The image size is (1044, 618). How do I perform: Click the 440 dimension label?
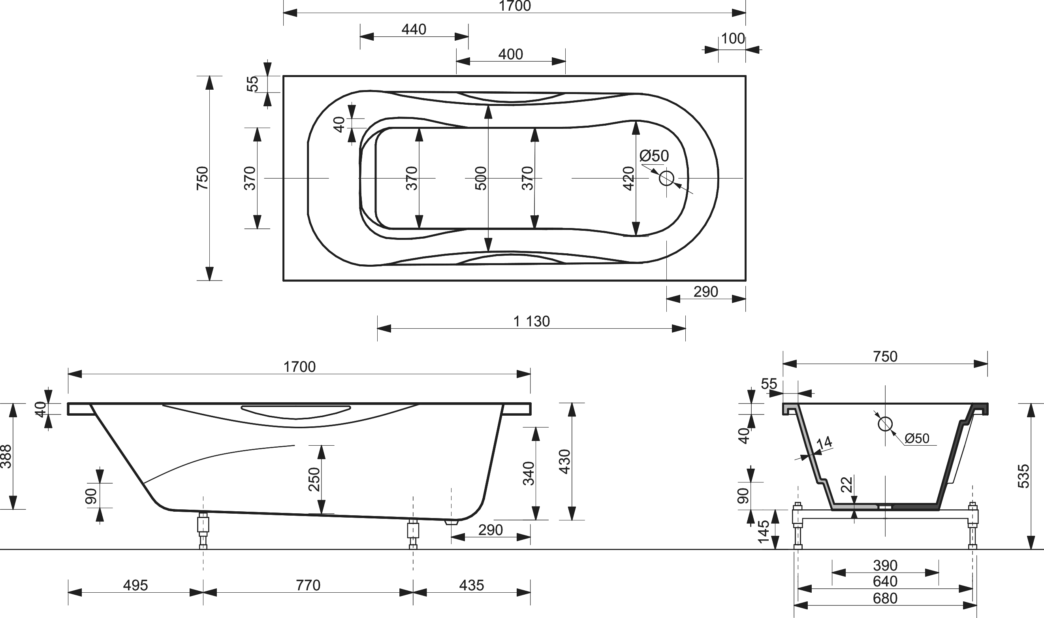[414, 30]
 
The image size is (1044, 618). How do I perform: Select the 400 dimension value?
[510, 55]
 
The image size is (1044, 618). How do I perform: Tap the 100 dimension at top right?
[733, 39]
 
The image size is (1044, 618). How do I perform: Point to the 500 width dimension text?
[480, 178]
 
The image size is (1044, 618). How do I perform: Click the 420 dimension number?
[628, 178]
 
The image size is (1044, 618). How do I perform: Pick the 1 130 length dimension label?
[532, 322]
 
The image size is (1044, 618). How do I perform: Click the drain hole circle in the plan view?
[666, 178]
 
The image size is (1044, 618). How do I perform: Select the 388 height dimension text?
[6, 456]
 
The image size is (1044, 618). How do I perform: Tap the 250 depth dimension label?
[314, 479]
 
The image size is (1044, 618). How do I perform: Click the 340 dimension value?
[529, 473]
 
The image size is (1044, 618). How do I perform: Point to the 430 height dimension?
[564, 462]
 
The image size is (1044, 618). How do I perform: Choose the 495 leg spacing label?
[135, 586]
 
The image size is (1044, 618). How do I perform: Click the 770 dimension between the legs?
[308, 586]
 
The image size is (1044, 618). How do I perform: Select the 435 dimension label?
[472, 586]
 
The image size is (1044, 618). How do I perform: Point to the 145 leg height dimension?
[764, 531]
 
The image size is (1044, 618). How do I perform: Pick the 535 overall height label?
[1023, 476]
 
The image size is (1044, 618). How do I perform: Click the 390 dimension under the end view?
[885, 565]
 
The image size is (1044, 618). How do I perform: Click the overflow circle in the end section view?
[885, 424]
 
